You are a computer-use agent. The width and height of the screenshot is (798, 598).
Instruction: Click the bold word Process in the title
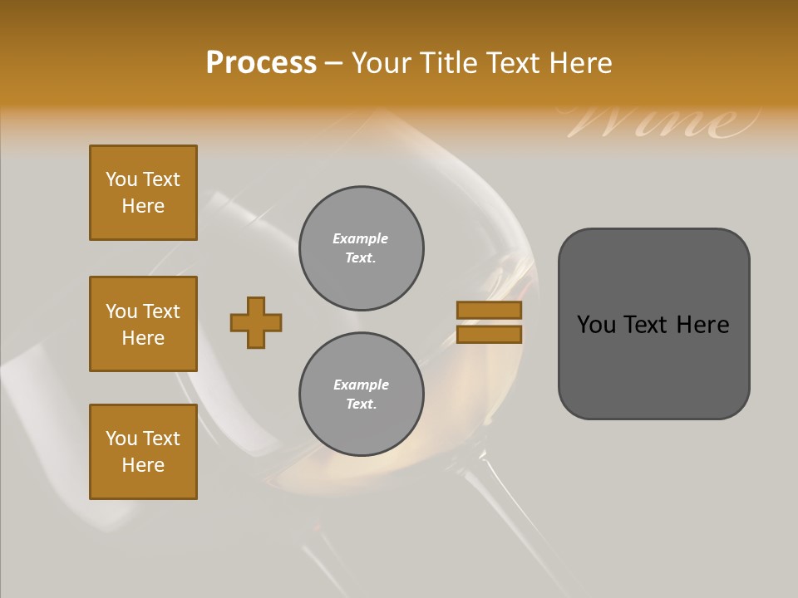[261, 62]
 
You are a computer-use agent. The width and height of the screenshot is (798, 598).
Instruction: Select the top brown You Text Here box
[143, 193]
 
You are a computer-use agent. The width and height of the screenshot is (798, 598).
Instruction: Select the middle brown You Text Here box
[143, 324]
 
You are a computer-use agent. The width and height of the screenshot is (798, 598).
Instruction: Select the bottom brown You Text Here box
[143, 452]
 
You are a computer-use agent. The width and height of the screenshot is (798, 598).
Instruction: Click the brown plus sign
[256, 322]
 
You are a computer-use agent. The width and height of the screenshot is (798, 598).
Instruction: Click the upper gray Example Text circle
[361, 248]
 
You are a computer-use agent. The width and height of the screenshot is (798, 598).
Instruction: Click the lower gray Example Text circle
[361, 395]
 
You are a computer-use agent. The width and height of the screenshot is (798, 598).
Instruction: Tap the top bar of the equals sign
[489, 310]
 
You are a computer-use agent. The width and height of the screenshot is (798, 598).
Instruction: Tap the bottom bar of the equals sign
[489, 334]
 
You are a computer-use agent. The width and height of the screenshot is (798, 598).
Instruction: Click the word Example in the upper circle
[361, 238]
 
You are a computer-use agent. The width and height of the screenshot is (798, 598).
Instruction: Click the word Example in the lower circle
[361, 385]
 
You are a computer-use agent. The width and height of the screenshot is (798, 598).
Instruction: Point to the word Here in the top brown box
[143, 206]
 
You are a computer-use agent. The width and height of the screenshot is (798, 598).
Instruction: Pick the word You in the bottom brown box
[121, 439]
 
